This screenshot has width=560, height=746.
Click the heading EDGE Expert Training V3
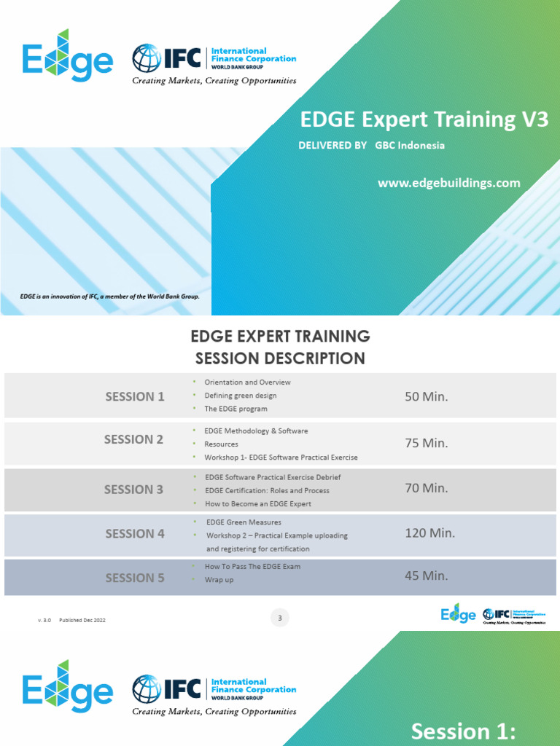click(424, 119)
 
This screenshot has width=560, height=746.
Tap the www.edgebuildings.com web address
click(448, 183)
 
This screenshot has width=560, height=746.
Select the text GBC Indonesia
click(410, 145)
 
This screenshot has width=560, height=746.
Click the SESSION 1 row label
click(135, 396)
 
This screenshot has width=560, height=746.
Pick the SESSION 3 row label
click(133, 490)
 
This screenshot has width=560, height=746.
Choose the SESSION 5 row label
click(135, 578)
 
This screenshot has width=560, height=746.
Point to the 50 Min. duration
click(426, 396)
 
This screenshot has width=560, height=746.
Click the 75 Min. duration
click(426, 443)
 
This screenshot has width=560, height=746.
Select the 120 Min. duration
click(429, 533)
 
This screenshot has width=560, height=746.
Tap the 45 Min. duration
click(426, 576)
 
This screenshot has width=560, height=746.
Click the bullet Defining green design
click(241, 396)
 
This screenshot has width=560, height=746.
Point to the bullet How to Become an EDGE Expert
click(258, 503)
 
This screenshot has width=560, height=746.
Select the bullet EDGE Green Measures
click(244, 522)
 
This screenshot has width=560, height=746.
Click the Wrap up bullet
click(219, 580)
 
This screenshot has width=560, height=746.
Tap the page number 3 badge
click(280, 619)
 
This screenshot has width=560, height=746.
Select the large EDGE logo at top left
click(67, 56)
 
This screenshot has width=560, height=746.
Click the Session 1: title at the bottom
click(463, 731)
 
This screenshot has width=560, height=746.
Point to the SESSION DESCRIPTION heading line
click(280, 358)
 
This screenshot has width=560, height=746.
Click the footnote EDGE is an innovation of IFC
click(109, 297)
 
